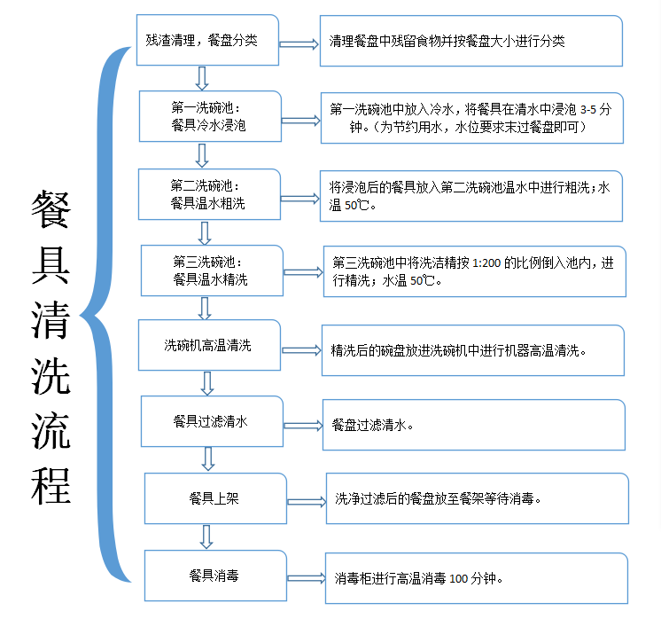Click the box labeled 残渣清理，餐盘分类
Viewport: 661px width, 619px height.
207,40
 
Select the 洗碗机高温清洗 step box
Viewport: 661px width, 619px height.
209,345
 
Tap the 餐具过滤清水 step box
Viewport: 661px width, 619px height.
212,421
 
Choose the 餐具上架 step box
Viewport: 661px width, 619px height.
215,498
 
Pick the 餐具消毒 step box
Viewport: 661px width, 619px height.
215,576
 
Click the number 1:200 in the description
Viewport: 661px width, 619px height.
486,263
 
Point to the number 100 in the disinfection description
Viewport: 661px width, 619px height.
459,578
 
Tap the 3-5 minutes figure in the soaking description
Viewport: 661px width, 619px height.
588,110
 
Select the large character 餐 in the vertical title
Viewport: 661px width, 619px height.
51,209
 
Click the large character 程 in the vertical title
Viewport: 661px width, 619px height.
51,486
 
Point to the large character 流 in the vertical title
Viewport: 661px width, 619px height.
51,431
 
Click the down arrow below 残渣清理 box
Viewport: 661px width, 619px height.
202,78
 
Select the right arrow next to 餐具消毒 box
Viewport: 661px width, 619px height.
307,578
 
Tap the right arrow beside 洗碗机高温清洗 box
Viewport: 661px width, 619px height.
301,350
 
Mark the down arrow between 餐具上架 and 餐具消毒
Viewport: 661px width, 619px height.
206,537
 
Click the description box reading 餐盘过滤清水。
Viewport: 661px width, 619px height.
474,425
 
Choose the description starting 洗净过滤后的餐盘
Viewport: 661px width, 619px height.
478,498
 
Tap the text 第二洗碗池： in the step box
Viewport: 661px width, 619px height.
206,185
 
